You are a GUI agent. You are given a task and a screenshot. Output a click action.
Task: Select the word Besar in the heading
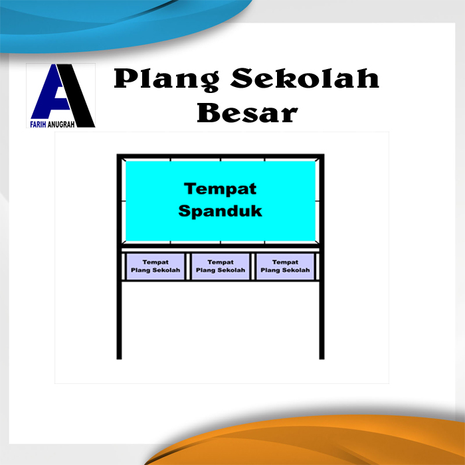pos(246,112)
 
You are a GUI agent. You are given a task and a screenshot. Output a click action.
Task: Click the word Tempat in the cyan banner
pos(220,189)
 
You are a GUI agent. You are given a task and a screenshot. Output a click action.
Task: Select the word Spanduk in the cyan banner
pos(220,212)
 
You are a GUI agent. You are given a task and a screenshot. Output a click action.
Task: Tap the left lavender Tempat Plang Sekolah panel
pos(155,266)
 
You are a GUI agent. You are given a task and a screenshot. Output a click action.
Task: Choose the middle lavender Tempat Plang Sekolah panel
pos(220,266)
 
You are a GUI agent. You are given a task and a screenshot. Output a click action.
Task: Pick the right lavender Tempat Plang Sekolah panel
pos(285,266)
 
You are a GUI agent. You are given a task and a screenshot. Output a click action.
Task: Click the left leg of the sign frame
pos(120,319)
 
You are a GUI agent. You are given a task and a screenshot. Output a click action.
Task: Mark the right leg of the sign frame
pos(322,319)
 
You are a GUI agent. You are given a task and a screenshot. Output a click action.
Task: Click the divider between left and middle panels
pos(187,266)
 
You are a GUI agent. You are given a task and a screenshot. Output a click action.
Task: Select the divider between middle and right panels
pos(252,266)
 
